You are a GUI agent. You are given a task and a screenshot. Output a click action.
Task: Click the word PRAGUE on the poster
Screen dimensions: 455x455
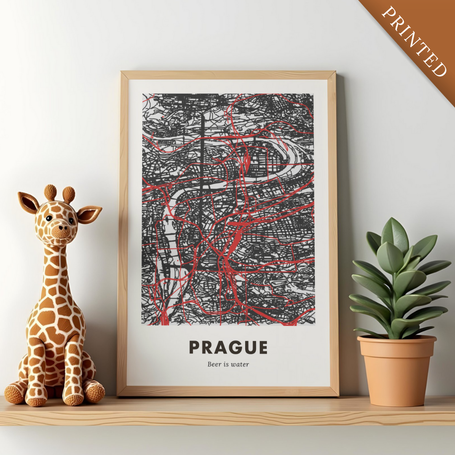228,347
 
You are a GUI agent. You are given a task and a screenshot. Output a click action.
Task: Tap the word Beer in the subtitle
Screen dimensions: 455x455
214,364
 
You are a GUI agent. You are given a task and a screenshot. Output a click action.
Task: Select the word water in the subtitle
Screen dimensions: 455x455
240,364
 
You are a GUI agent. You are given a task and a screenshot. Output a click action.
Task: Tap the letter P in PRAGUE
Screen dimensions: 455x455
194,347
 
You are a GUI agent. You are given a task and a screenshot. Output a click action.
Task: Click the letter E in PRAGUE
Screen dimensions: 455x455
262,347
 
